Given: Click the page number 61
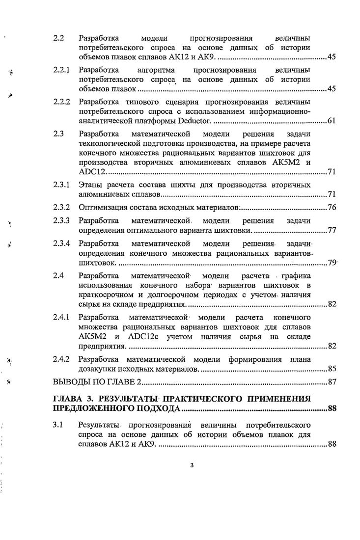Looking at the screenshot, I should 331,122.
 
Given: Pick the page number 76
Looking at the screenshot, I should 331,207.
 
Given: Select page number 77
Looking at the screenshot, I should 331,230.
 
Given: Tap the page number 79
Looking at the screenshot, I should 331,263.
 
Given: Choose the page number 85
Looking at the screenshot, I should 331,369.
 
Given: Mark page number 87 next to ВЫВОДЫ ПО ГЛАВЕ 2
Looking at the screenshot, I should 331,383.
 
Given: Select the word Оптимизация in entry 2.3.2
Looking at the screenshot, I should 101,207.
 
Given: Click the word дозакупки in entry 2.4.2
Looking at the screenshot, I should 98,369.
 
